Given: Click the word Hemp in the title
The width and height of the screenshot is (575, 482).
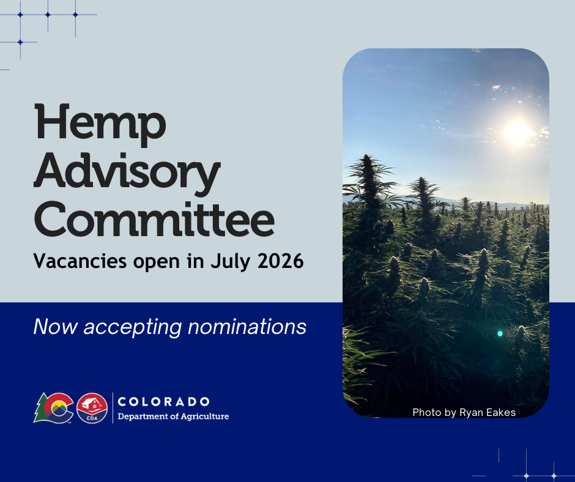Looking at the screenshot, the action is [x=100, y=125].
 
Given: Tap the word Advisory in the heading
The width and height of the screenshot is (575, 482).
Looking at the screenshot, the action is [x=127, y=173].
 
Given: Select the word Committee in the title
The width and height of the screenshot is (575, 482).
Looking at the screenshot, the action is [x=154, y=218].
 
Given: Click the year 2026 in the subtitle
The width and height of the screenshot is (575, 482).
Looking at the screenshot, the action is [x=281, y=261].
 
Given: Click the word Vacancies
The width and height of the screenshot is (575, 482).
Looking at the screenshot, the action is [x=80, y=261].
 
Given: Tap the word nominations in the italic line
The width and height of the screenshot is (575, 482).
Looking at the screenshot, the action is [x=247, y=327].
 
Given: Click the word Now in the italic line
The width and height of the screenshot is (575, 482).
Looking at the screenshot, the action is [x=56, y=327].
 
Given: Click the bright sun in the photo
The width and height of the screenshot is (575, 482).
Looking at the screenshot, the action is [x=517, y=132].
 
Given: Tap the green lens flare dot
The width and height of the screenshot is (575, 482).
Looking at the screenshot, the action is [x=500, y=333].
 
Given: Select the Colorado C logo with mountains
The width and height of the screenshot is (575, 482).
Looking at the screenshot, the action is [x=59, y=408].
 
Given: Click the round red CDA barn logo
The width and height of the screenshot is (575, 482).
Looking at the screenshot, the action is [x=92, y=408].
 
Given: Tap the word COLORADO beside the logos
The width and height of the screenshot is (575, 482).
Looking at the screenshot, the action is [x=163, y=402].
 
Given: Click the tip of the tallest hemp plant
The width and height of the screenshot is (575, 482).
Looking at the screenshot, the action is [x=367, y=155].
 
